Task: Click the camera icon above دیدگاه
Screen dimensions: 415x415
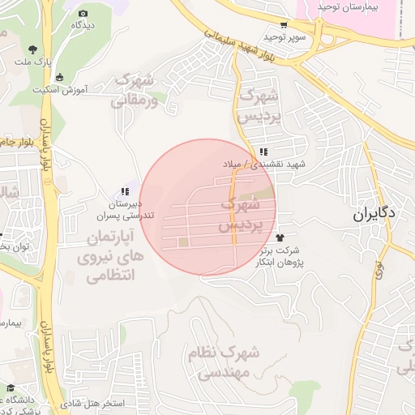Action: pyautogui.click(x=83, y=13)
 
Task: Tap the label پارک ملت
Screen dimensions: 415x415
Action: pyautogui.click(x=58, y=62)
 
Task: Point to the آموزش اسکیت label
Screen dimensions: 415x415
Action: pyautogui.click(x=59, y=90)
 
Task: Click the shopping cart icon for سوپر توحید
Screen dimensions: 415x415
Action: pyautogui.click(x=283, y=25)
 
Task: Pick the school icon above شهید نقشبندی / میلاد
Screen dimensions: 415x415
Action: pyautogui.click(x=263, y=152)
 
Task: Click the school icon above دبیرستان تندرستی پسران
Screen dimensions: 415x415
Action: pyautogui.click(x=125, y=191)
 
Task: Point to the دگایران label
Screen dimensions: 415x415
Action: pyautogui.click(x=374, y=216)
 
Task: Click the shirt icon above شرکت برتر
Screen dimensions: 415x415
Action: pyautogui.click(x=280, y=237)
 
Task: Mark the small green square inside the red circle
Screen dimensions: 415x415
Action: pyautogui.click(x=184, y=242)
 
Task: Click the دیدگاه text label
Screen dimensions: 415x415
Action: pyautogui.click(x=83, y=26)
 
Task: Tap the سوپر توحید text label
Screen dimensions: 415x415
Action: pyautogui.click(x=284, y=38)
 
